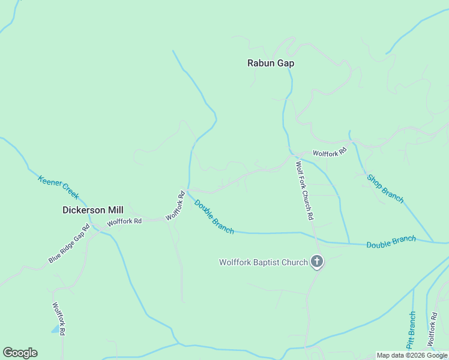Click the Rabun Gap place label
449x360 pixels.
(271, 62)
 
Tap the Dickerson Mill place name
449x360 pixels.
(93, 210)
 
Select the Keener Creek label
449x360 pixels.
(58, 187)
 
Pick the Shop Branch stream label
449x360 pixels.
(385, 188)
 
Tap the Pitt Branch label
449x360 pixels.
(411, 329)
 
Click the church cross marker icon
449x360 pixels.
(317, 262)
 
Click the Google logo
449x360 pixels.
(20, 353)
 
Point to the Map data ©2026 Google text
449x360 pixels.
(412, 355)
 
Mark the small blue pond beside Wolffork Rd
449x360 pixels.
(56, 329)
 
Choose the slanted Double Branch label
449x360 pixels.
(214, 217)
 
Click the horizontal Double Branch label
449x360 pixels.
(391, 242)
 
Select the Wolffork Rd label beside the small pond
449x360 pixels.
(58, 318)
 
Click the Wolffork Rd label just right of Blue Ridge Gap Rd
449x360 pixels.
(124, 221)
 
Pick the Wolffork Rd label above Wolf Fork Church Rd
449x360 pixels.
(330, 153)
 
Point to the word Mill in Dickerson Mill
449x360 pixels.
(114, 210)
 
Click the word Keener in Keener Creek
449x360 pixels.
(50, 182)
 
